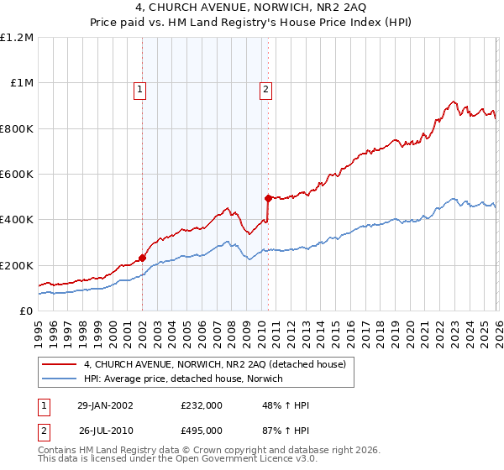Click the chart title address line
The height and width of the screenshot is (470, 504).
point(252,9)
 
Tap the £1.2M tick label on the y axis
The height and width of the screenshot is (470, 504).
point(17,38)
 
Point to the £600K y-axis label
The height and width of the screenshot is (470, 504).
point(17,175)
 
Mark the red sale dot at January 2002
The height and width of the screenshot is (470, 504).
point(142,258)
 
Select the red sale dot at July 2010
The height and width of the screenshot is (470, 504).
point(268,198)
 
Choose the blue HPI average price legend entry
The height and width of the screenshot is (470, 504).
point(183,379)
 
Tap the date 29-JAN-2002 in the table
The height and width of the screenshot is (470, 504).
point(105,405)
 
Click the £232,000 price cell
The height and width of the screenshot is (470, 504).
point(202,405)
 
